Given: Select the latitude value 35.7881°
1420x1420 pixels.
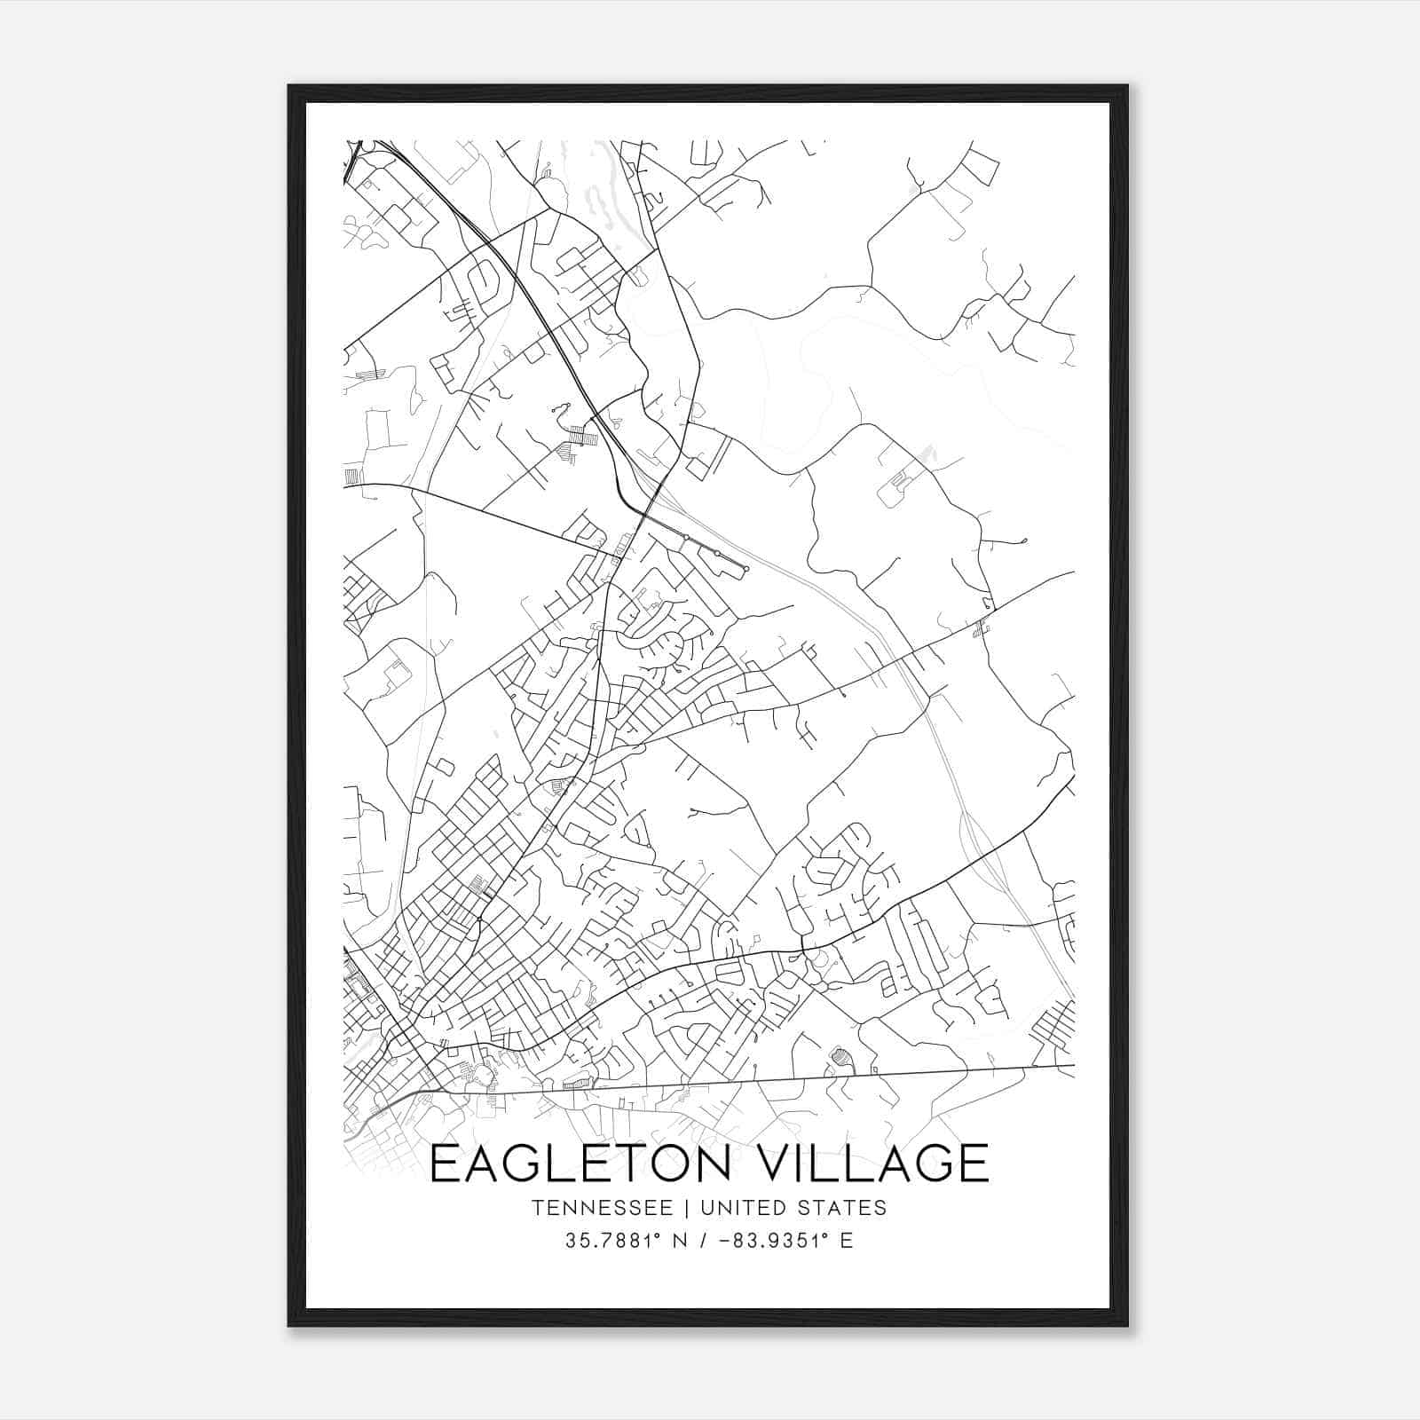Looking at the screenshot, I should coord(611,1241).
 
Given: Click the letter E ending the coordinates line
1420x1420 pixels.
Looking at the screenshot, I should coord(847,1241).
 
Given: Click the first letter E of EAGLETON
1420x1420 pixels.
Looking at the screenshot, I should coord(446,1164).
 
